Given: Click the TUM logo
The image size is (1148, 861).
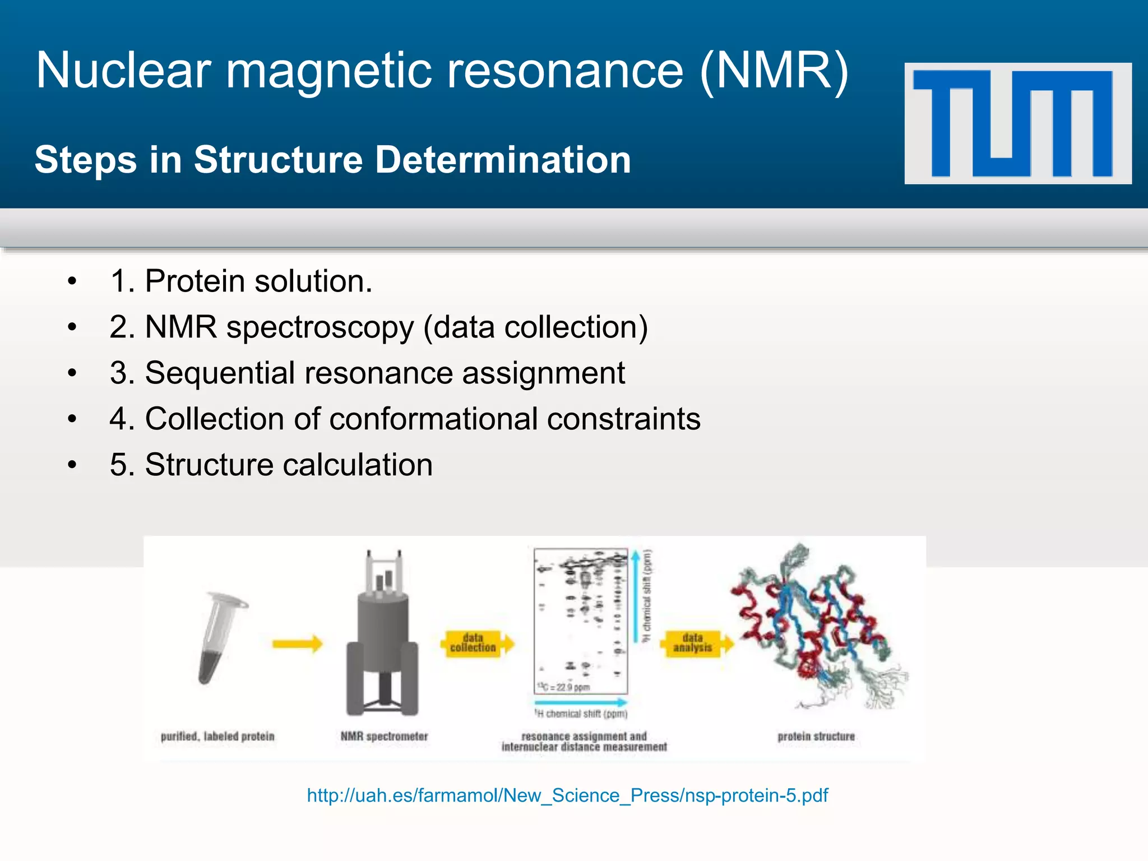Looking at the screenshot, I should click(1017, 123).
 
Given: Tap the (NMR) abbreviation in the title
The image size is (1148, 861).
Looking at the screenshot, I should click(774, 71).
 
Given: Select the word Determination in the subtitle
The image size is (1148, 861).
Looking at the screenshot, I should click(503, 160).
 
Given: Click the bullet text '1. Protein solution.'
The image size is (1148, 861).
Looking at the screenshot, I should click(241, 281).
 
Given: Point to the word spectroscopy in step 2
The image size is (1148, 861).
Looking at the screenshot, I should click(320, 327).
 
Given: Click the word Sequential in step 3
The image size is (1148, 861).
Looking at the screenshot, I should click(219, 373).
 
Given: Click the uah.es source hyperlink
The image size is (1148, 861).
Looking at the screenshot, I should click(567, 795).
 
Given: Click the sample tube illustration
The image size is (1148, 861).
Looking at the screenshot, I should click(220, 639).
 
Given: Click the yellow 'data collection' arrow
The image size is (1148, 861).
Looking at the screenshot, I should click(477, 643).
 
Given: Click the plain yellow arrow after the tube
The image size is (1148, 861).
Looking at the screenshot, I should click(297, 644).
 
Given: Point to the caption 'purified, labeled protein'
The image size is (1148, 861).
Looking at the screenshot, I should click(217, 736).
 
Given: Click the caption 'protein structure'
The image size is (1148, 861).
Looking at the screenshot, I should click(816, 736).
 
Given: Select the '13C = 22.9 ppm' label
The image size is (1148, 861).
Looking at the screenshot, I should click(563, 687).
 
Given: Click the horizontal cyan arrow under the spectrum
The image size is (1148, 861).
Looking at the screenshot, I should click(580, 702).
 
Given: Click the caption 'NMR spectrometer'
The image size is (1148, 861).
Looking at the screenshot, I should click(384, 736).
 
